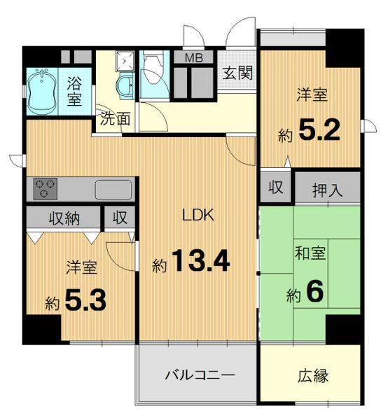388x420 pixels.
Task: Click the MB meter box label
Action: pyautogui.click(x=194, y=58)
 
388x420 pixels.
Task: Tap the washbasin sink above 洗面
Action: pyautogui.click(x=125, y=85)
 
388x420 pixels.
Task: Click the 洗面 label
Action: pyautogui.click(x=114, y=118)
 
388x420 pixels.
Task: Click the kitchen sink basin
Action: pyautogui.click(x=113, y=190)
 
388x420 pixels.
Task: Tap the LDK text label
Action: pyautogui.click(x=198, y=216)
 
